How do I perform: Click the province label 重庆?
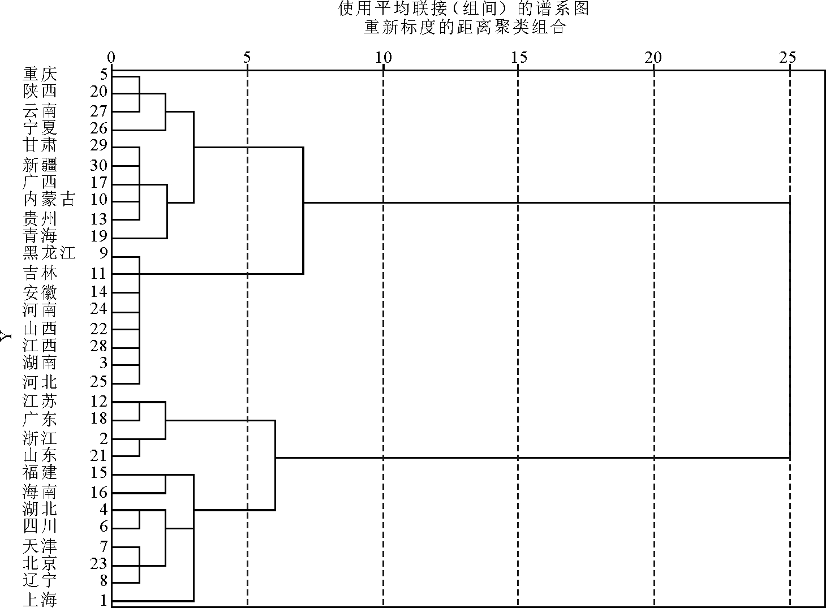point(40,74)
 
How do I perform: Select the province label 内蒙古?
point(49,200)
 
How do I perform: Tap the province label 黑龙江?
point(49,253)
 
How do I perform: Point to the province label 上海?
point(40,600)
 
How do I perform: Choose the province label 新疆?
point(40,165)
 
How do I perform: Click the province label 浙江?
point(40,438)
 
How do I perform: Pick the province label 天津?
point(40,546)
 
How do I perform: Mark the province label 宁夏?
point(40,128)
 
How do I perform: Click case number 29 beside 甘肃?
point(99,145)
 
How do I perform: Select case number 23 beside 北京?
point(99,563)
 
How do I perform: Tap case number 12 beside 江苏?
point(99,401)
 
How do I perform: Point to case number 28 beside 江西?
point(99,346)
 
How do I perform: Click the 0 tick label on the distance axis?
point(111,58)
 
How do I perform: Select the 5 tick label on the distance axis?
point(247,58)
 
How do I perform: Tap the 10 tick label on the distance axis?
point(384,58)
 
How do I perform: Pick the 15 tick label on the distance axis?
point(519,58)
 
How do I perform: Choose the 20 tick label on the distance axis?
point(653,58)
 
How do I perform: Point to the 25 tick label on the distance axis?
point(788,58)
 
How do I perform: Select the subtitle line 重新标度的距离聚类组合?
point(464,27)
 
